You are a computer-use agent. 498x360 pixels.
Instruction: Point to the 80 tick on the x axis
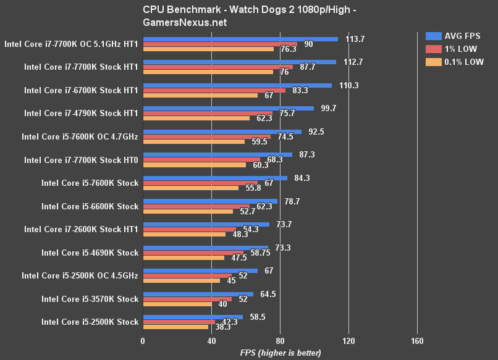280,341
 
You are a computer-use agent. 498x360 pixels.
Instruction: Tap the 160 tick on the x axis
416,341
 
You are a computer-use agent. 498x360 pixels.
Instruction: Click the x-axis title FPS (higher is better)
281,353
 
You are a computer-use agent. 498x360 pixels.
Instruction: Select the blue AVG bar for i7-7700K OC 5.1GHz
240,39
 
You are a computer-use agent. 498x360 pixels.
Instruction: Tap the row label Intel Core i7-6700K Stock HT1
81,90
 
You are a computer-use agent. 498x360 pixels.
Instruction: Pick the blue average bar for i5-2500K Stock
193,317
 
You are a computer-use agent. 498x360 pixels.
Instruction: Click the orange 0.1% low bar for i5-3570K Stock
177,304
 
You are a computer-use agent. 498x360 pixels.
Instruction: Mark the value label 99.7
326,108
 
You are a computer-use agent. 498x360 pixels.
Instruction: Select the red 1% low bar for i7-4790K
208,113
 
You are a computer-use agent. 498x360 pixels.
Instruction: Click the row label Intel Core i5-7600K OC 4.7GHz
80,136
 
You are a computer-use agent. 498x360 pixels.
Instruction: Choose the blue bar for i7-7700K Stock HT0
217,154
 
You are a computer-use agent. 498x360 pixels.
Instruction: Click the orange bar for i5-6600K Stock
188,211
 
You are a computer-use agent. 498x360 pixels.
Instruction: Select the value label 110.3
349,85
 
